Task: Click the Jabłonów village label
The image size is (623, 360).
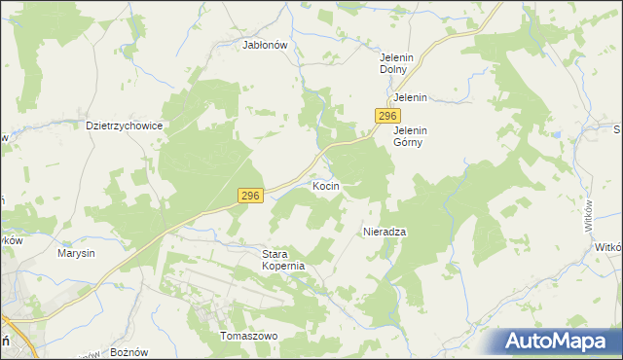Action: coord(264,44)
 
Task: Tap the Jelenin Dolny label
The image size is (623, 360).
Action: coord(397,63)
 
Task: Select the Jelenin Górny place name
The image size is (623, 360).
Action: coord(411,135)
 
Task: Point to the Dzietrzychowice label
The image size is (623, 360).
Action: coord(124,126)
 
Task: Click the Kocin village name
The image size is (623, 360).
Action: coord(325,185)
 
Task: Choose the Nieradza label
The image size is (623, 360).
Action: coord(385,232)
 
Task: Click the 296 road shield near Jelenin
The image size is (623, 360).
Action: coord(385,116)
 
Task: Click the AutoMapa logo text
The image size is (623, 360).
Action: coord(566,342)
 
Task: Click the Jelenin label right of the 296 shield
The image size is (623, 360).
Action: coord(411,98)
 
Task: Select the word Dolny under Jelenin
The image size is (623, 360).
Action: coord(397,70)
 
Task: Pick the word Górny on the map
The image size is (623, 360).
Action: coord(411,142)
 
